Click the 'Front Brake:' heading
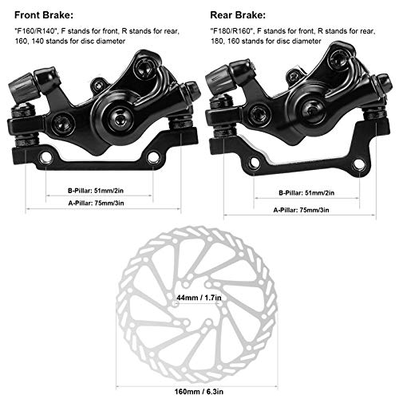[x=44, y=15]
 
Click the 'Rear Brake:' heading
[x=238, y=15]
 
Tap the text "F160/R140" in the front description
[x=36, y=31]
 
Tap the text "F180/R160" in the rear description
[x=232, y=31]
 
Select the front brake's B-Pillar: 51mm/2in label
[x=96, y=191]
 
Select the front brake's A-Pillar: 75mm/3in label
[x=96, y=203]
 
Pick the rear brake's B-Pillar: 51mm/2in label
[x=306, y=192]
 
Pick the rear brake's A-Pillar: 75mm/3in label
[x=301, y=210]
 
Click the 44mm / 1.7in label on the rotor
[x=199, y=297]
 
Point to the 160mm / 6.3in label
[x=199, y=392]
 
